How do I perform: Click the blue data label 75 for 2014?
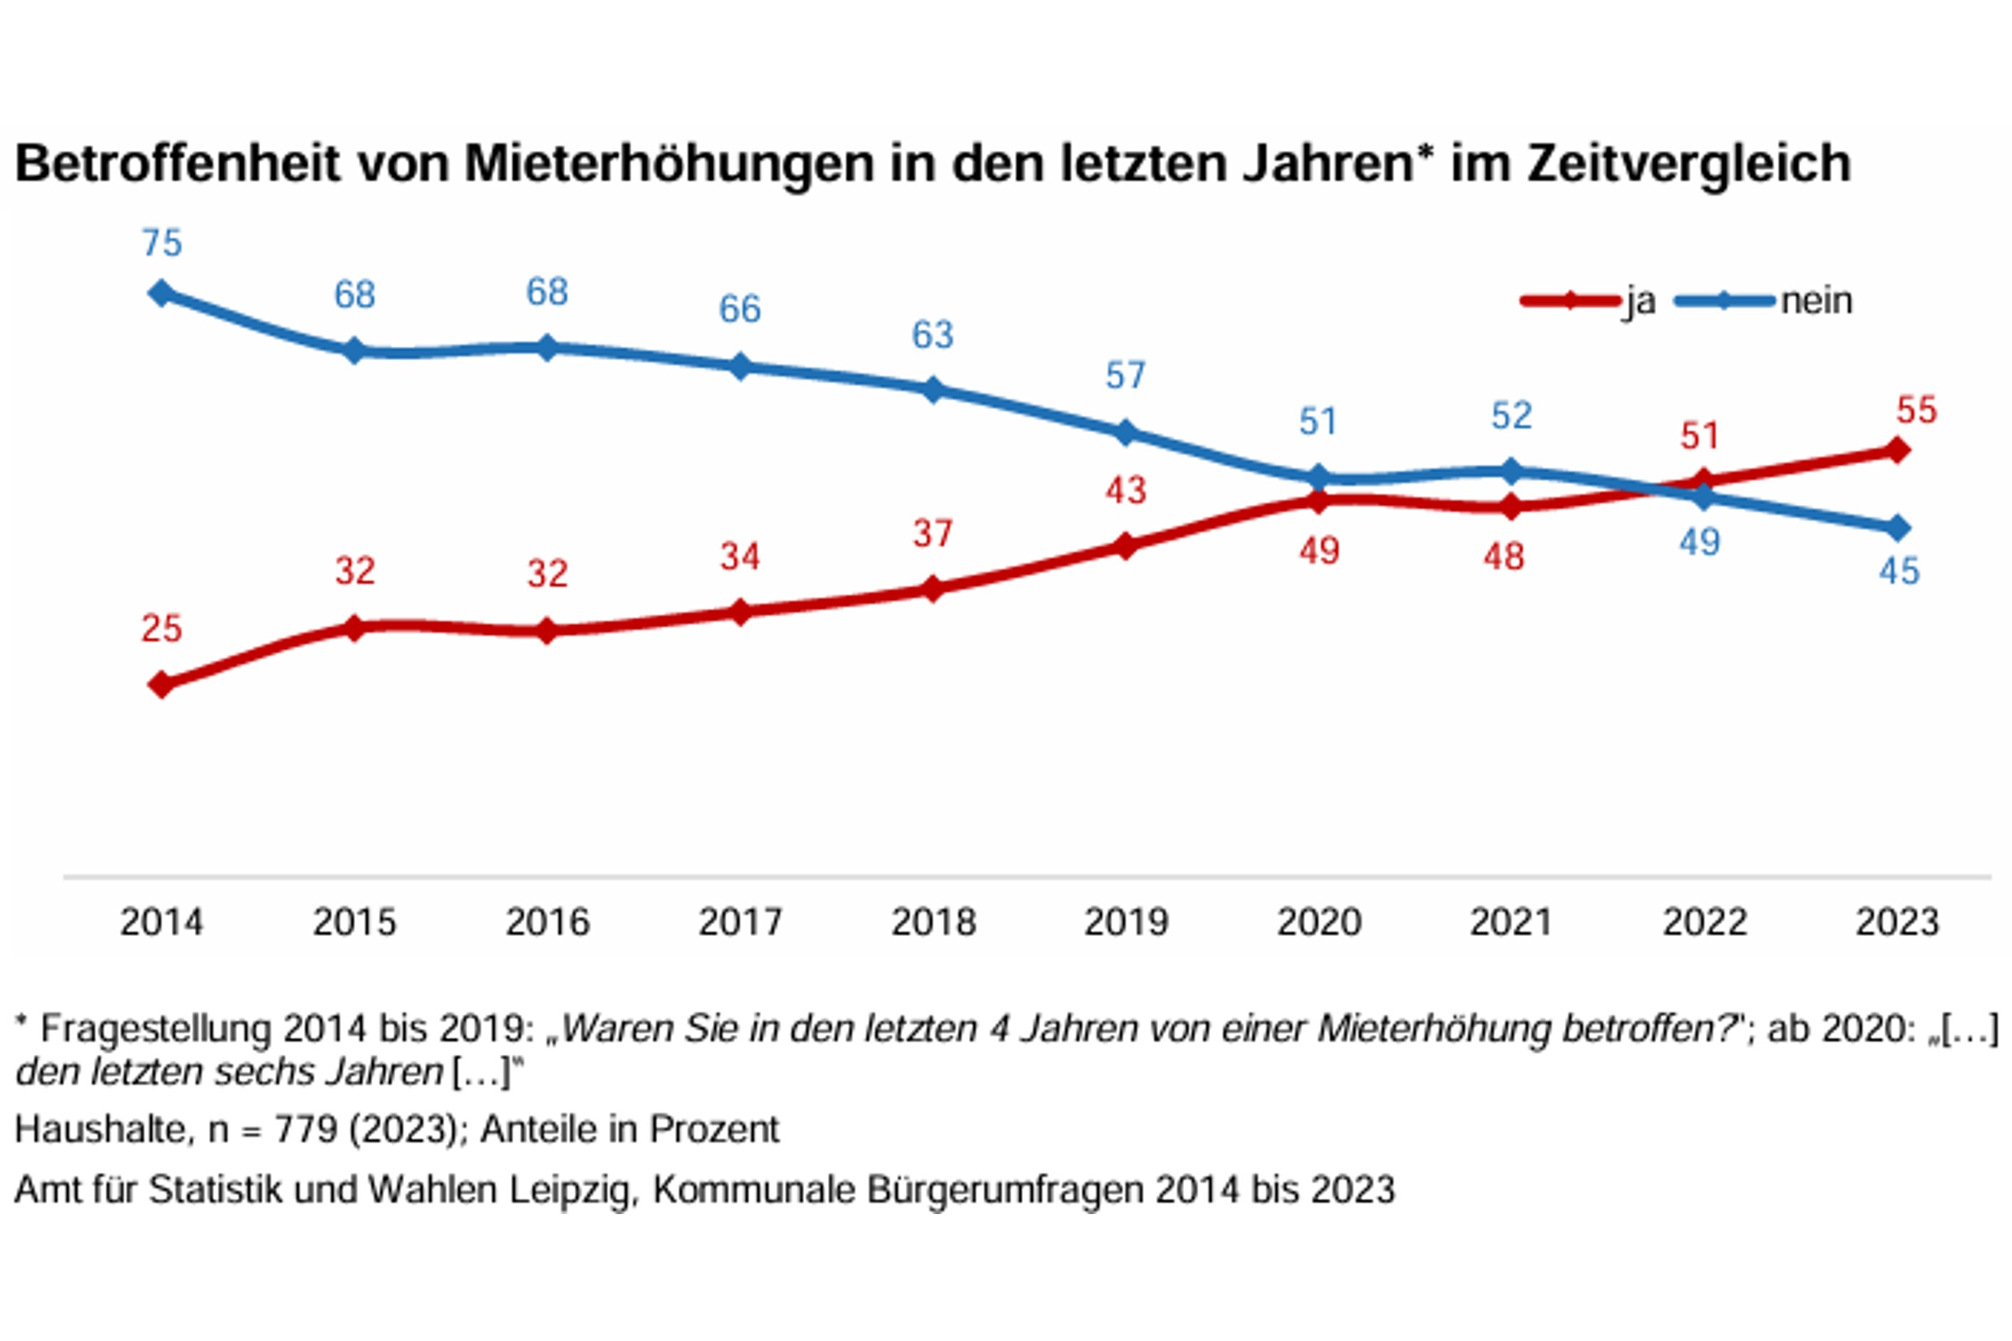point(162,243)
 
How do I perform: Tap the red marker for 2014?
point(162,686)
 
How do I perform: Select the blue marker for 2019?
point(1126,434)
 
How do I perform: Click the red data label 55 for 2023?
point(1916,410)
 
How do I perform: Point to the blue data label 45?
point(1898,571)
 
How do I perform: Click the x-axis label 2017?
point(740,923)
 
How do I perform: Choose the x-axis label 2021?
point(1510,923)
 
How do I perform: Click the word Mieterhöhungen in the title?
point(668,164)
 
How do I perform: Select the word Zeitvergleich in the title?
point(1688,164)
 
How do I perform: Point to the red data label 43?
point(1126,491)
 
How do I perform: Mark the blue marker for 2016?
point(547,348)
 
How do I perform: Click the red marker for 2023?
point(1897,451)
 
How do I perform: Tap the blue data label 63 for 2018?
point(933,335)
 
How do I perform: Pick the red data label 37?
point(933,534)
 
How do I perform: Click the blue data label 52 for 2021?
point(1511,416)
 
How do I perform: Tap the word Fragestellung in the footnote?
point(156,1029)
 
